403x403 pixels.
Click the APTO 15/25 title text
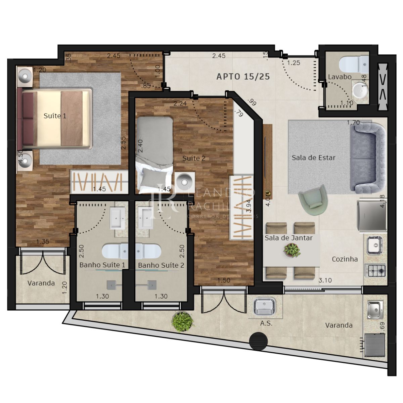coord(243,77)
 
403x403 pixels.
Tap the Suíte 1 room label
coord(55,116)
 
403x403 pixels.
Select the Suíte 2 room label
coord(194,158)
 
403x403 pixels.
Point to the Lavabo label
coord(340,77)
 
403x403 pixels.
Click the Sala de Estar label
coord(313,158)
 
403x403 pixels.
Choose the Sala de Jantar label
coord(288,238)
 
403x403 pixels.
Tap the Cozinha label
coord(345,259)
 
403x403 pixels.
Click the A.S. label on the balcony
coord(266,323)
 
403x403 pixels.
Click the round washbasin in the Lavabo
coord(360,90)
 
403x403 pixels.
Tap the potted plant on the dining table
coord(292,250)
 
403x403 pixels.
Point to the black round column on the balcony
coord(259,341)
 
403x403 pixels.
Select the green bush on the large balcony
coord(182,322)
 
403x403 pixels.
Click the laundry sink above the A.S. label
coord(265,307)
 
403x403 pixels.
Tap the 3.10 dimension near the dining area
coord(325,280)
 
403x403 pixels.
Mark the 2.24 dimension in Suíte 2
coord(180,103)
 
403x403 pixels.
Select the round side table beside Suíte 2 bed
coord(184,181)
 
